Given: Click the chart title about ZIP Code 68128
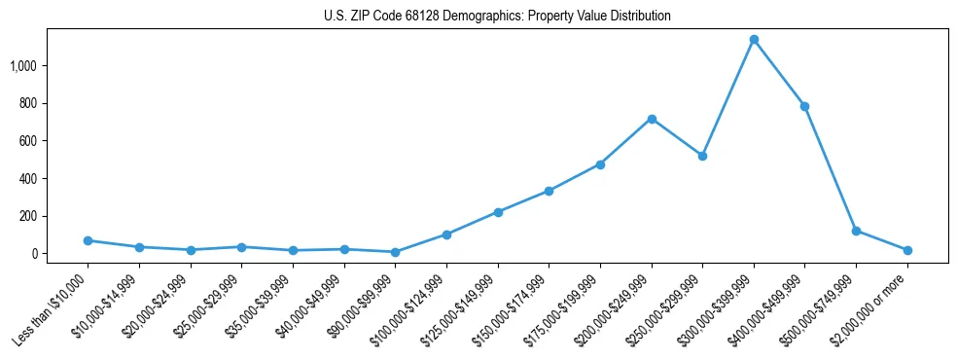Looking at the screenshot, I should pyautogui.click(x=497, y=17).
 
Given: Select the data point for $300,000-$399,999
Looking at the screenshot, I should pyautogui.click(x=754, y=40).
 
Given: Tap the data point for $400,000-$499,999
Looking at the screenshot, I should pyautogui.click(x=804, y=106).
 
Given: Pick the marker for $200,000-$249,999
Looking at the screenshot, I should pyautogui.click(x=652, y=119).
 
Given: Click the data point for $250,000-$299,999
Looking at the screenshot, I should pyautogui.click(x=702, y=156).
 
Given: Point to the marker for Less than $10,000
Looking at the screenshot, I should pyautogui.click(x=88, y=240).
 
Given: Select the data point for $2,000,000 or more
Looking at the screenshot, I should pyautogui.click(x=907, y=250).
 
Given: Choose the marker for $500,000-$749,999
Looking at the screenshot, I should pyautogui.click(x=856, y=231).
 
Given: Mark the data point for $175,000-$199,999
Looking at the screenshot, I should pyautogui.click(x=600, y=164).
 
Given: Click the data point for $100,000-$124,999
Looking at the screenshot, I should pyautogui.click(x=446, y=234).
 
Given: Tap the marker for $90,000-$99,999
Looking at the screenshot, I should pyautogui.click(x=395, y=252).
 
